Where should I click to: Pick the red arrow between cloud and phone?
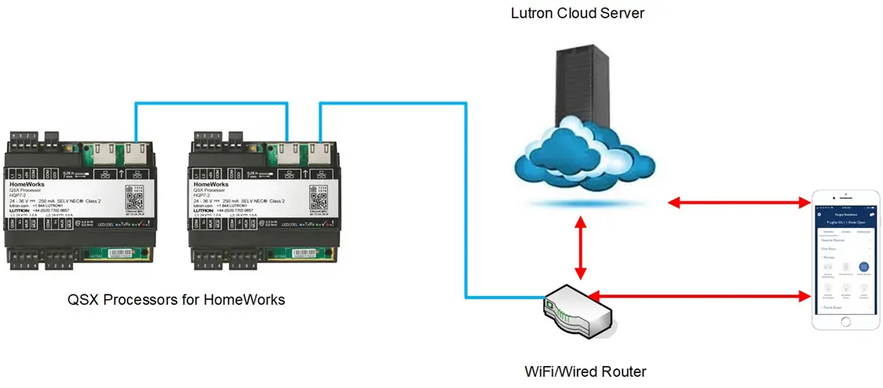[739, 203]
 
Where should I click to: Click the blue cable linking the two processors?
[210, 102]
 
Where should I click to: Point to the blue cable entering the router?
[466, 236]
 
